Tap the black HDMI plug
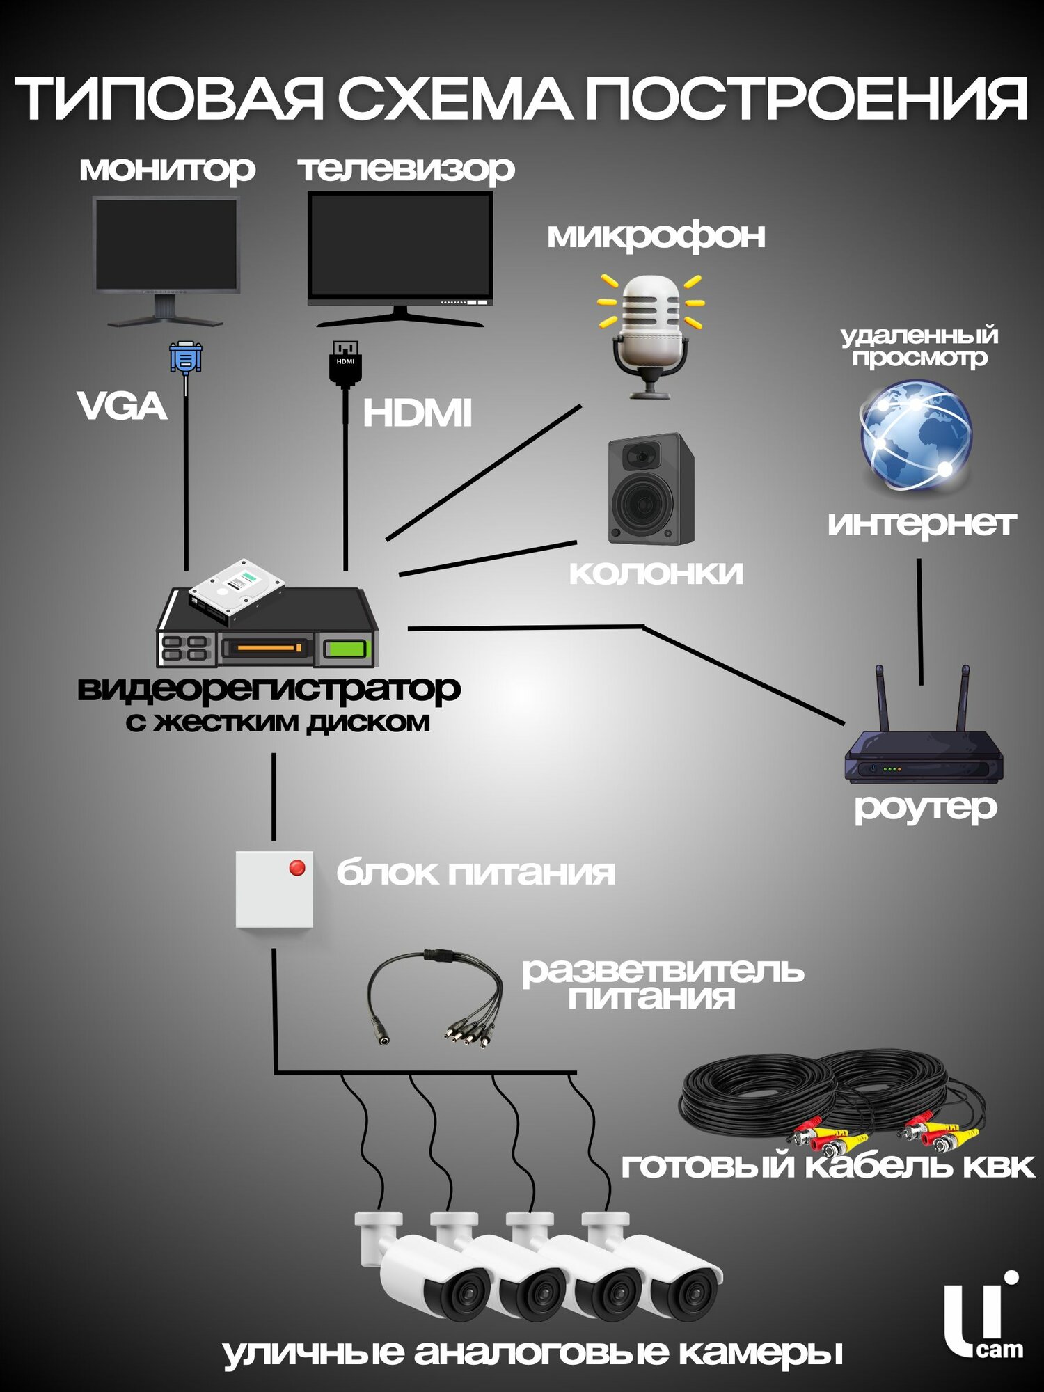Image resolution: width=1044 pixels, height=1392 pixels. (345, 362)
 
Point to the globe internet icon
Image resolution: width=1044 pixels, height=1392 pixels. (916, 435)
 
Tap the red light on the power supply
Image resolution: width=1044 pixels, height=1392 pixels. (297, 868)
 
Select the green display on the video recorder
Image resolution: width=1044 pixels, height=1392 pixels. (346, 649)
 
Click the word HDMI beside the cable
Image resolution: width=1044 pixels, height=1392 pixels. (417, 413)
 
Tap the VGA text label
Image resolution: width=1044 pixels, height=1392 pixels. (122, 406)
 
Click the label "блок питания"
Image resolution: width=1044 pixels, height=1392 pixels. (475, 873)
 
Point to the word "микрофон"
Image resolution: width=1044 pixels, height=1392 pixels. (656, 236)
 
